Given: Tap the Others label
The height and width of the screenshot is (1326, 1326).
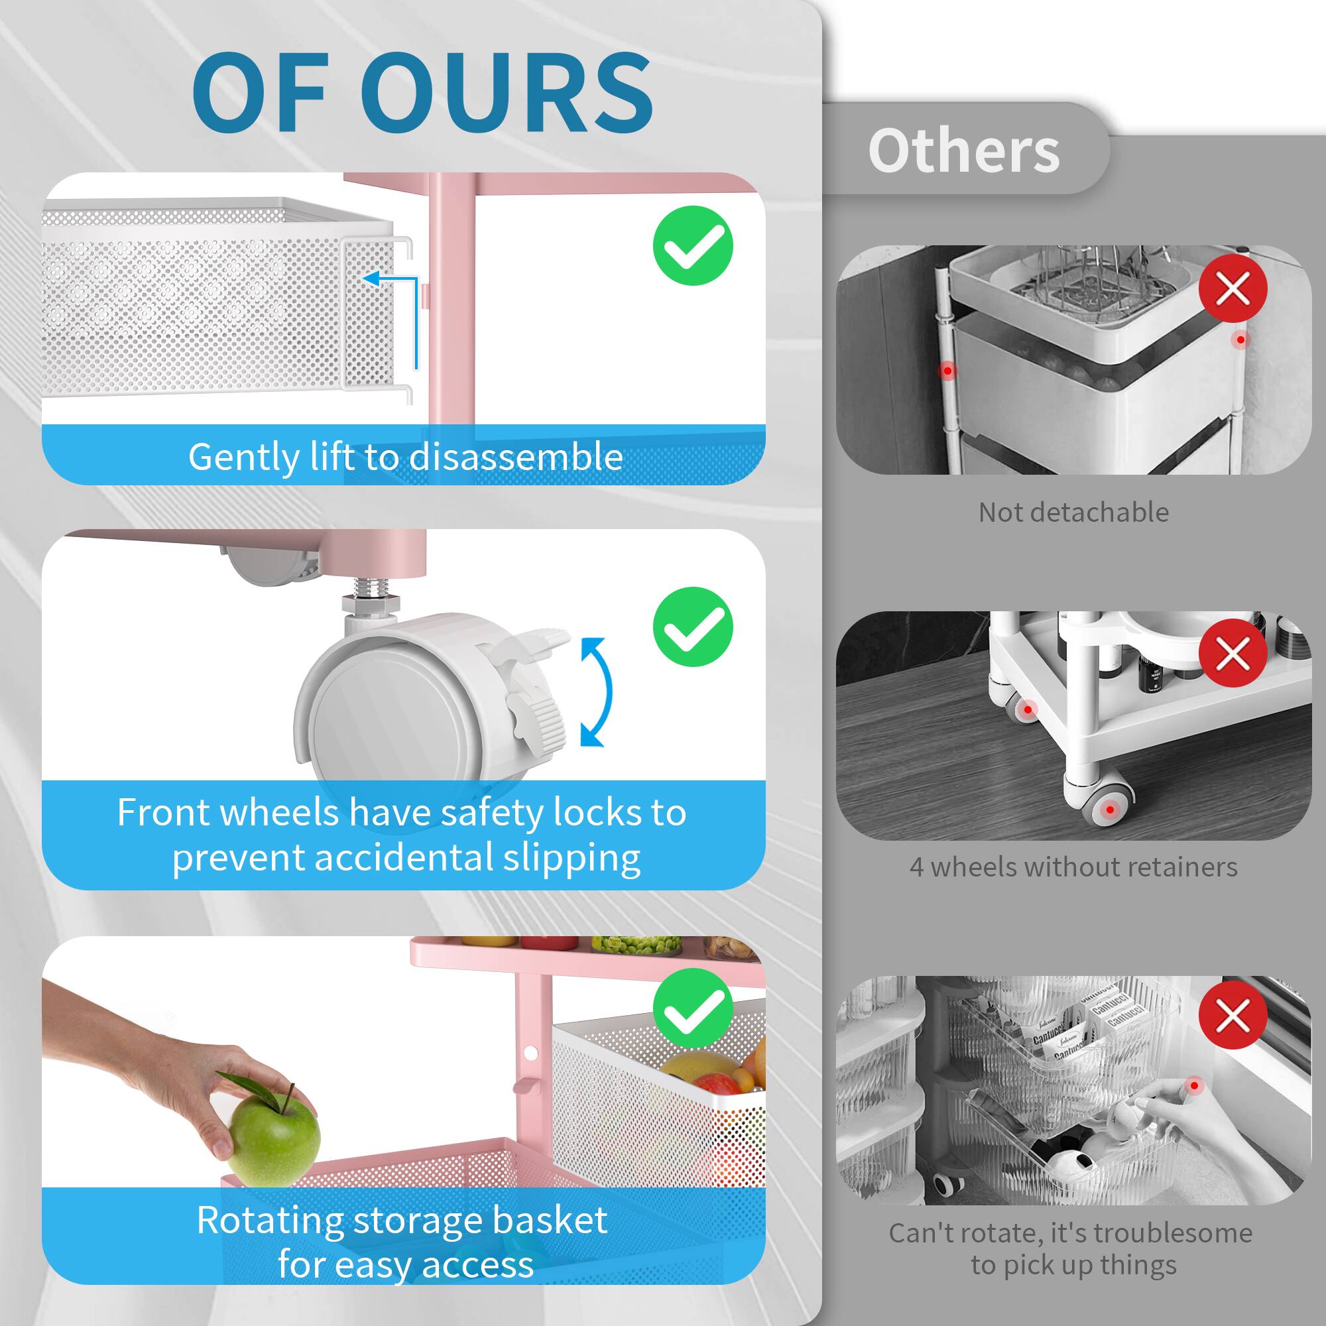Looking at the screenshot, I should coord(963,151).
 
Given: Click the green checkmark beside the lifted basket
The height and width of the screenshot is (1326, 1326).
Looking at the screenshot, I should coord(693,246).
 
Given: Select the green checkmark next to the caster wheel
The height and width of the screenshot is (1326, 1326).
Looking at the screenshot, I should coord(693,627).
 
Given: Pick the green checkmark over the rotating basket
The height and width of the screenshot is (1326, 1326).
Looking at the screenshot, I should coord(693,1008).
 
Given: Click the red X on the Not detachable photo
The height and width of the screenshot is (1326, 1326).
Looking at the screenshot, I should coord(1233,289).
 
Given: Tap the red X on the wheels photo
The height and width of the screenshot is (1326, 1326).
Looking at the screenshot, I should coord(1233,652).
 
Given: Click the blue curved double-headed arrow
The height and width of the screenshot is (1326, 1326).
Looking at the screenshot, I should coord(596,692).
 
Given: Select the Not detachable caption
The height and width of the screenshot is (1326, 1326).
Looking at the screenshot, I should coord(1073,512).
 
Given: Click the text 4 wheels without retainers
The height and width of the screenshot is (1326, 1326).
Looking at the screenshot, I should coord(1073,867).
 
